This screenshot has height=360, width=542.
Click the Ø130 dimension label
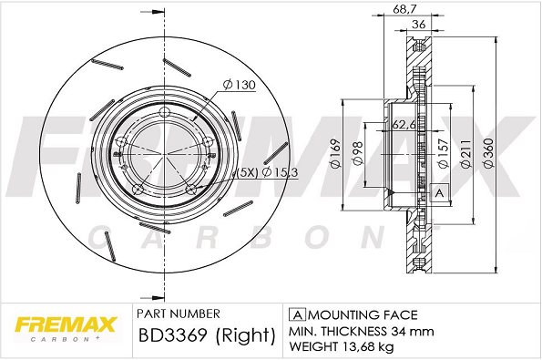(x=239, y=85)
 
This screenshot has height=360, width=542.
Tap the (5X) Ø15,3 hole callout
(x=267, y=172)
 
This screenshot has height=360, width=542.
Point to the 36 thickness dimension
(x=419, y=25)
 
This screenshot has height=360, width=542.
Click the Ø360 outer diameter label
(x=489, y=152)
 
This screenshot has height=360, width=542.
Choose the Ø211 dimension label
(x=466, y=153)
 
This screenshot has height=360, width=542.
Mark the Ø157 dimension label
(x=443, y=153)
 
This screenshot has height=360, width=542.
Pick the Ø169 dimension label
(x=335, y=154)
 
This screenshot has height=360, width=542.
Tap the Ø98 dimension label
(x=357, y=153)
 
